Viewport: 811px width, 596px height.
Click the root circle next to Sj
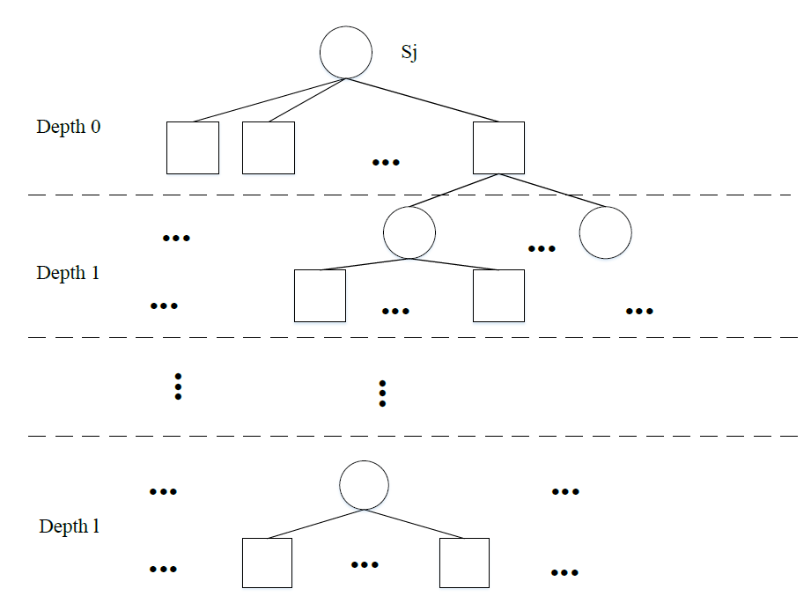(x=346, y=52)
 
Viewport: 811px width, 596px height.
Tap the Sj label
(x=409, y=52)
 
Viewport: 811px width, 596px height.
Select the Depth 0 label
(x=69, y=127)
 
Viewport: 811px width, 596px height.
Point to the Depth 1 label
(x=69, y=273)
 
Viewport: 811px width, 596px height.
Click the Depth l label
(x=69, y=527)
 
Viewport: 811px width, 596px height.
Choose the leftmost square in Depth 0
(x=193, y=148)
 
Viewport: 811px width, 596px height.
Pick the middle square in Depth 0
(x=269, y=148)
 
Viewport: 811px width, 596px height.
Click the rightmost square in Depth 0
(x=498, y=148)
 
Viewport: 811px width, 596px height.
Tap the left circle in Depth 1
(x=409, y=232)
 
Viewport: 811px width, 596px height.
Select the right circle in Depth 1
(x=606, y=232)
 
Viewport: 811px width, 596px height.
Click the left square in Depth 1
(x=320, y=296)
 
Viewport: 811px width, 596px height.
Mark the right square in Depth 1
(x=498, y=296)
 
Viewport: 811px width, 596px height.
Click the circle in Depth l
(x=364, y=484)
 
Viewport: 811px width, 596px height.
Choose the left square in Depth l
(x=267, y=563)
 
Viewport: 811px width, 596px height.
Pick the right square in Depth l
(x=464, y=563)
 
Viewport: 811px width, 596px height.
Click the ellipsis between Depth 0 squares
(x=386, y=163)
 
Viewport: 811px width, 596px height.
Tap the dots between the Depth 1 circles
(x=542, y=249)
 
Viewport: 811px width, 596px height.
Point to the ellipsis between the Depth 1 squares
(x=395, y=311)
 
